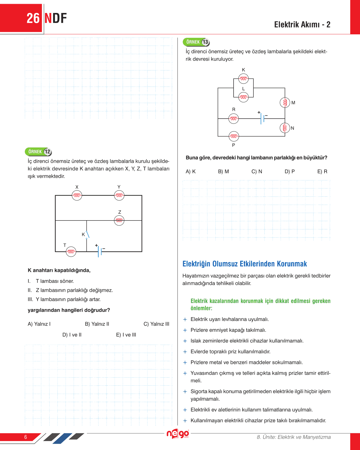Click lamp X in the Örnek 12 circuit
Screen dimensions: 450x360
pyautogui.click(x=77, y=195)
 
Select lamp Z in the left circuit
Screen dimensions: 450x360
pyautogui.click(x=119, y=221)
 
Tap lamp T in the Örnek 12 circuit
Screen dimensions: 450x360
pyautogui.click(x=71, y=252)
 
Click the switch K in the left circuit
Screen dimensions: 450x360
pyautogui.click(x=87, y=234)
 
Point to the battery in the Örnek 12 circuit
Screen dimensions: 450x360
pyautogui.click(x=100, y=251)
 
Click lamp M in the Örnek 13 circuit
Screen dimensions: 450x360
pyautogui.click(x=285, y=102)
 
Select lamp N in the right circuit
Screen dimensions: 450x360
pyautogui.click(x=285, y=128)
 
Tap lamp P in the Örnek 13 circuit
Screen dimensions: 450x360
pyautogui.click(x=234, y=136)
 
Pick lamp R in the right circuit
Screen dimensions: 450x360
pyautogui.click(x=234, y=119)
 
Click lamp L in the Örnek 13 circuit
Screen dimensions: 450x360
pyautogui.click(x=243, y=97)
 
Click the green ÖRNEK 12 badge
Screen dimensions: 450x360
pyautogui.click(x=38, y=152)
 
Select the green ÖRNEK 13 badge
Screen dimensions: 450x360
pyautogui.click(x=196, y=42)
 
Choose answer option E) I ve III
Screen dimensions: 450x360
pyautogui.click(x=126, y=335)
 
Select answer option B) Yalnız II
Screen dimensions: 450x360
pyautogui.click(x=97, y=324)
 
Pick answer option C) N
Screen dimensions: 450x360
pyautogui.click(x=257, y=171)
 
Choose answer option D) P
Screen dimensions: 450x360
pyautogui.click(x=290, y=171)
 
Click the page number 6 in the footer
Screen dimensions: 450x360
pyautogui.click(x=26, y=437)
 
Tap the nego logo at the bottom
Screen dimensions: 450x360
pyautogui.click(x=178, y=434)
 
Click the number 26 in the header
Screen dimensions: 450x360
pyautogui.click(x=33, y=18)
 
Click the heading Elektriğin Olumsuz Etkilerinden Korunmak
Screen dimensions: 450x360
pyautogui.click(x=245, y=264)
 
